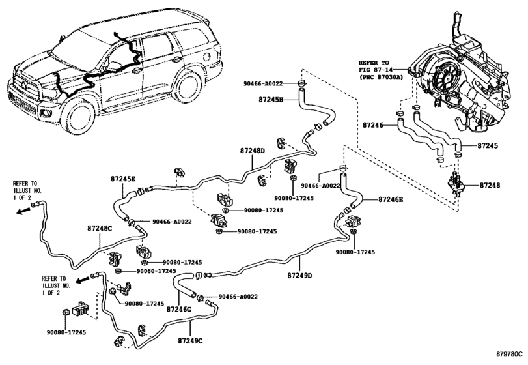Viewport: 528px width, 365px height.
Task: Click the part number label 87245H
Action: click(271, 100)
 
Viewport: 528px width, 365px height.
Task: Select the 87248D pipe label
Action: click(253, 151)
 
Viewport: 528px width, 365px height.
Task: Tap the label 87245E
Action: click(123, 179)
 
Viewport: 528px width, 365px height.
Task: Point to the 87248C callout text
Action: click(100, 228)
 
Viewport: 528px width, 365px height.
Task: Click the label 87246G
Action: click(179, 308)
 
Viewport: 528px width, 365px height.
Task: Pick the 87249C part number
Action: click(191, 341)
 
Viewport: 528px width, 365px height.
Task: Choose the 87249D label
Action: click(299, 276)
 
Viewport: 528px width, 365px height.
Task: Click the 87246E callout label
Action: click(391, 199)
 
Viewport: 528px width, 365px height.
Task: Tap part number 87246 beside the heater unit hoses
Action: click(373, 125)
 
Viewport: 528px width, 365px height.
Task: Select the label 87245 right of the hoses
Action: click(488, 146)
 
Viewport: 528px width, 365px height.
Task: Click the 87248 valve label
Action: click(490, 185)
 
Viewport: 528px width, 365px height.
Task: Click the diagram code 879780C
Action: click(510, 354)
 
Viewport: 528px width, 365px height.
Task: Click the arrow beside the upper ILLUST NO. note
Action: click(23, 211)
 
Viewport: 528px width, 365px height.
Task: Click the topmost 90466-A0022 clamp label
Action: click(263, 83)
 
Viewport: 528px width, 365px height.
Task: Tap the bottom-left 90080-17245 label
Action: click(66, 332)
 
